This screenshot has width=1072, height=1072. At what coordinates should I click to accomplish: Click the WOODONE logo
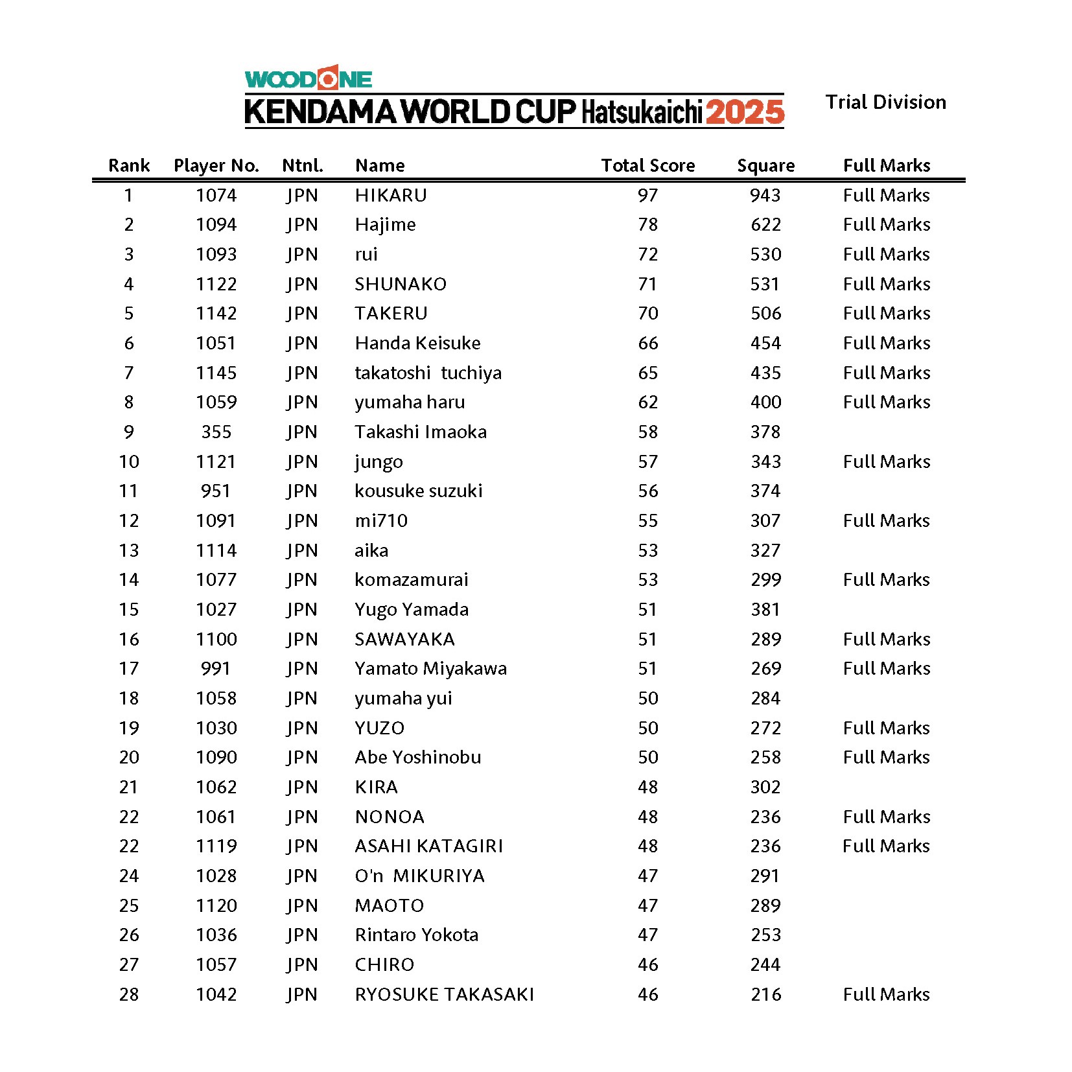click(308, 78)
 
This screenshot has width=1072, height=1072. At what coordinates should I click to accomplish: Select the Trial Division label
click(885, 102)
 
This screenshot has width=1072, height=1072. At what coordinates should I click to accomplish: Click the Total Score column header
click(647, 166)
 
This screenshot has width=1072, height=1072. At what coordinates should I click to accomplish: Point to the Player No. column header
click(216, 166)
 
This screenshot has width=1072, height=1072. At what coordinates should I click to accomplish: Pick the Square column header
click(765, 166)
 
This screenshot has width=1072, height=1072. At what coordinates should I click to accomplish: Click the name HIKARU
click(391, 195)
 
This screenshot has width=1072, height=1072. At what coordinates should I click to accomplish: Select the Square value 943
click(765, 195)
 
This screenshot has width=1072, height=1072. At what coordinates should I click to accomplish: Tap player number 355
click(216, 432)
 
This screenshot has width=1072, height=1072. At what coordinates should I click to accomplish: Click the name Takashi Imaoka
click(421, 432)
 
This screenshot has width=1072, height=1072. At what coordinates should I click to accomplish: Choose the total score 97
click(647, 195)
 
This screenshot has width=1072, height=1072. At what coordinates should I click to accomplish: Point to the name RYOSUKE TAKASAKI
click(445, 994)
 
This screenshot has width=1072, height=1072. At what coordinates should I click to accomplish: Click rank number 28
click(129, 994)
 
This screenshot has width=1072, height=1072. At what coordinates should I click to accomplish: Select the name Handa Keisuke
click(417, 343)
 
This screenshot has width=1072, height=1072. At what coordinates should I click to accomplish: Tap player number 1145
click(216, 373)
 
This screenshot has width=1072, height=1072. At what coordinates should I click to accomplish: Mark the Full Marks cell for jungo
click(886, 461)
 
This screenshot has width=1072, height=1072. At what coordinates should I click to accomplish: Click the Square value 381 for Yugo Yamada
click(765, 609)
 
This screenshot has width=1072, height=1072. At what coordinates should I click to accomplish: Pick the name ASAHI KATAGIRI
click(429, 846)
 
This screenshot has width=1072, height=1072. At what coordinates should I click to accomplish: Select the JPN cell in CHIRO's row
click(302, 964)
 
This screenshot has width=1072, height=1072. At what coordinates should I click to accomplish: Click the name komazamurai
click(411, 579)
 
